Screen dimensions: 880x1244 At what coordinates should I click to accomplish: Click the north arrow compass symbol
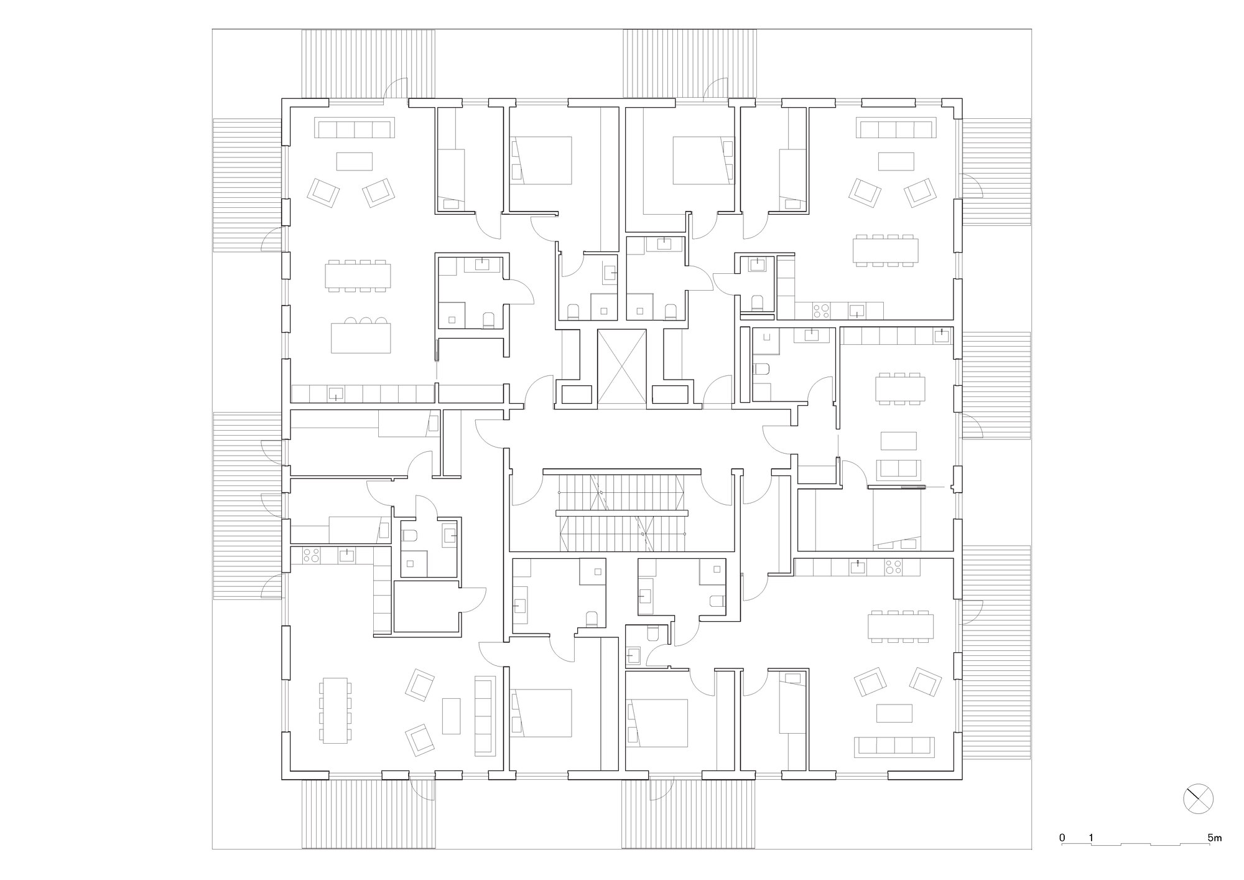coord(1198,798)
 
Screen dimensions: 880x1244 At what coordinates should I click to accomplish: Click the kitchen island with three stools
coord(361,338)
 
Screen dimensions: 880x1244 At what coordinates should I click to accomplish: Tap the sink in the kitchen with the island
coord(336,393)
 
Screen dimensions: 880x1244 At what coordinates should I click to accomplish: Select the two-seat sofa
coord(899,470)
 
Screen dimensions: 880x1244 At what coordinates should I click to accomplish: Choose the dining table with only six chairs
coord(899,390)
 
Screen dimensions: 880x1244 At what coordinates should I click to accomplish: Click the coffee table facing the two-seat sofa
coord(899,441)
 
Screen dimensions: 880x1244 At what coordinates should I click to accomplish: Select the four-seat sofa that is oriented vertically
coord(485,715)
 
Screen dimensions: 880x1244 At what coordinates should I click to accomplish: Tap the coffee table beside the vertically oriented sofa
coord(451,716)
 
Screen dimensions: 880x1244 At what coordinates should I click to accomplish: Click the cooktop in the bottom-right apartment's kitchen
coord(894,567)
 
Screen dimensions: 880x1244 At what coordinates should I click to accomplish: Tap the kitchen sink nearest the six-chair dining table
coord(942,336)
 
